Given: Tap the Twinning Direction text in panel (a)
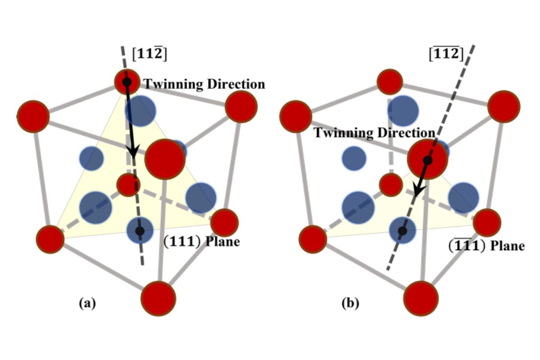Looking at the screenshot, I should point(204,84).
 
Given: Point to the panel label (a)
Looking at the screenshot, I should point(87,303).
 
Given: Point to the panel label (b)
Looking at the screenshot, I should point(351,303).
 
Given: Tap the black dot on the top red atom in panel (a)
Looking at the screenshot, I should point(127,82).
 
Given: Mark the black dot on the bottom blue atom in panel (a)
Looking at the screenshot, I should point(140,231).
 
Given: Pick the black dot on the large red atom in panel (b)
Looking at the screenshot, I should point(427,160).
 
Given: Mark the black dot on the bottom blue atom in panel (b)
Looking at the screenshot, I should point(402,231).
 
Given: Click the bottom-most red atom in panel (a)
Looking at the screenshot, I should point(158,298).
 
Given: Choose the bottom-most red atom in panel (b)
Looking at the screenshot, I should point(420,298).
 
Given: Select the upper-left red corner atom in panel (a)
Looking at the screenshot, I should point(33,116).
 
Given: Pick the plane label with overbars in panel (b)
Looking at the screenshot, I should point(484,246).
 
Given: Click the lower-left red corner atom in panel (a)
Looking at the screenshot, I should point(50,239).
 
